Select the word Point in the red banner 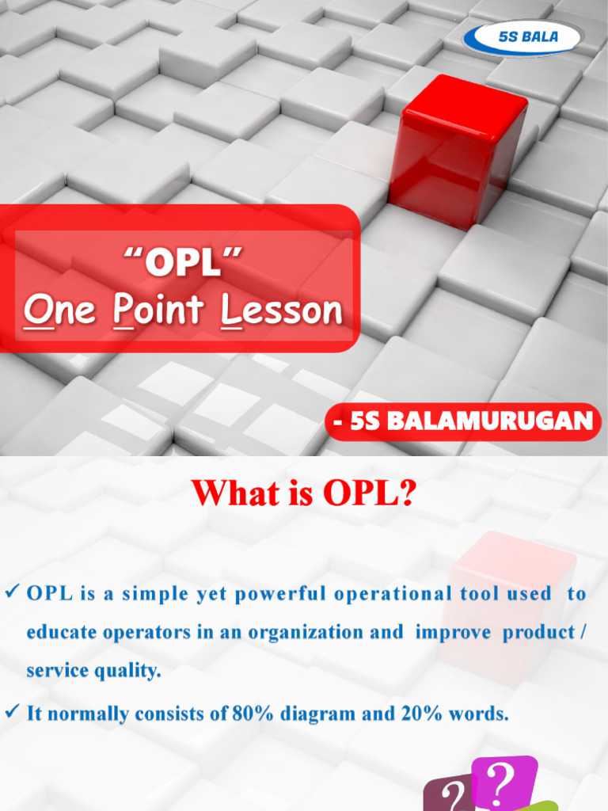click(x=161, y=310)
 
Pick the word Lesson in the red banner click(x=283, y=310)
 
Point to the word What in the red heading click(x=227, y=494)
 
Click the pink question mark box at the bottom click(x=503, y=781)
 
